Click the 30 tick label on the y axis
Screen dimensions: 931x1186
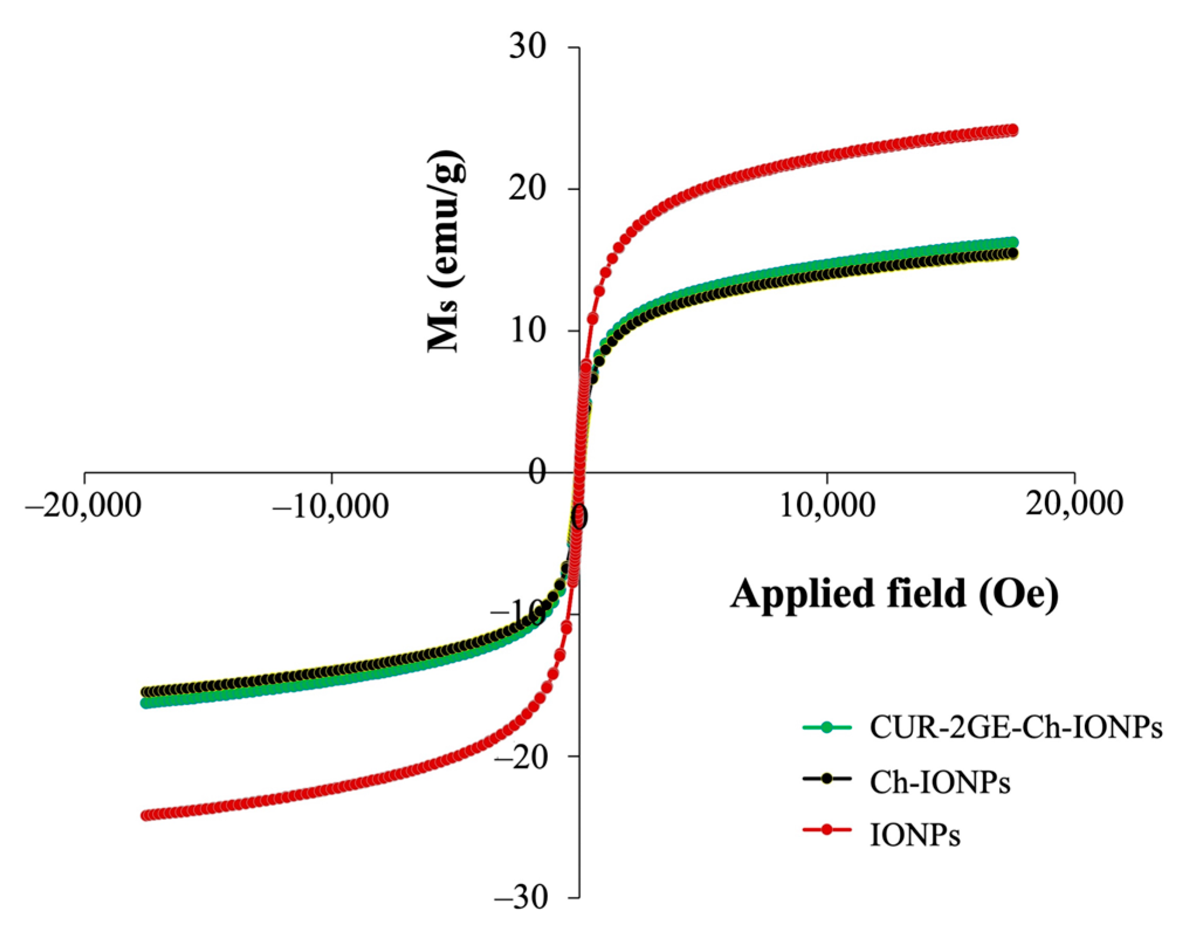pos(528,47)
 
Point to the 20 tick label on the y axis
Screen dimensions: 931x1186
pos(528,189)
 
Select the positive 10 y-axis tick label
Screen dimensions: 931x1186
pos(528,331)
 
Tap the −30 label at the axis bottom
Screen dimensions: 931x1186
pos(522,897)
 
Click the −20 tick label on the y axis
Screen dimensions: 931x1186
pos(522,756)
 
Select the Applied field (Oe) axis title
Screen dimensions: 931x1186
pos(894,594)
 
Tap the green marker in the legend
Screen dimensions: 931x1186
pos(826,727)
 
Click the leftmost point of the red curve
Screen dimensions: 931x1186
pos(146,815)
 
